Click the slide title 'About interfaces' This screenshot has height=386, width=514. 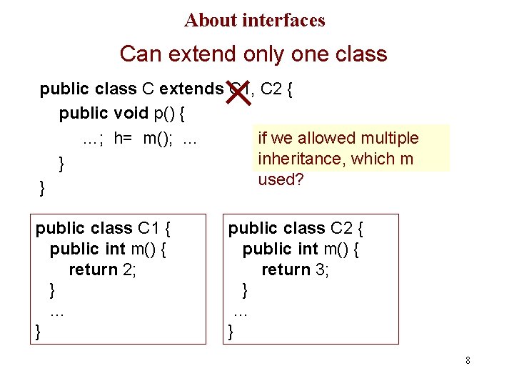coord(254,20)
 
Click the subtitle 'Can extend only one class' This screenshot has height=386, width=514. coord(253,54)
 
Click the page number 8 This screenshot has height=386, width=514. coord(468,360)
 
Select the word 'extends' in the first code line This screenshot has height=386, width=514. coord(191,89)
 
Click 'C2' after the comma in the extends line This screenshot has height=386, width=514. coord(271,89)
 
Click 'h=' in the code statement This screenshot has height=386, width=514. coord(124,138)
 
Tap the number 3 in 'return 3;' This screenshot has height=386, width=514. coord(321,269)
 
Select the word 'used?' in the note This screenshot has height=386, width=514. coord(281,179)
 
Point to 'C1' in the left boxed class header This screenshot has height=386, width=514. coord(149,228)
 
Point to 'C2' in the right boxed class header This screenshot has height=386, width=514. coord(342,228)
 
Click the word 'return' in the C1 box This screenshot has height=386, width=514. coord(93,269)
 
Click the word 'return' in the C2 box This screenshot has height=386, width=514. coord(286,269)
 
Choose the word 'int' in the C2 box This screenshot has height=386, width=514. coord(308,249)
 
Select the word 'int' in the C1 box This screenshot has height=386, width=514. coord(116,249)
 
